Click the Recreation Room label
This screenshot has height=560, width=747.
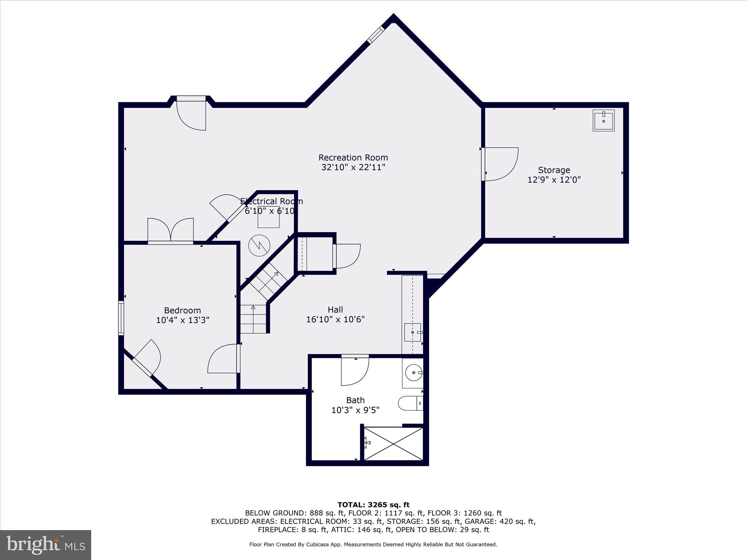coord(353,157)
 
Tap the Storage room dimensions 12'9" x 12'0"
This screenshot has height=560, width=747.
coord(554,180)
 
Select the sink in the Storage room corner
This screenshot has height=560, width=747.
coord(603,120)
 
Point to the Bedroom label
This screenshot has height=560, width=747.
coord(182,310)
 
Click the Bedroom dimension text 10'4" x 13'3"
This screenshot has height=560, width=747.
coord(182,320)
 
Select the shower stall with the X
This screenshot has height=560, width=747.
coord(394,444)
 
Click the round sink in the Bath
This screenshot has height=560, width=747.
coord(413,373)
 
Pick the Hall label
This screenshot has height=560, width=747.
coord(335,310)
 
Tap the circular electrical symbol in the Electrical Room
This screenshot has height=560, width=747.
coord(259,245)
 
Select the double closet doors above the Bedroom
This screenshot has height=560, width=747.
coord(170,230)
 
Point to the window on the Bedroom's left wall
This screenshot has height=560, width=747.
coord(121,318)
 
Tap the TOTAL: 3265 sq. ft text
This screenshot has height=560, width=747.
coord(373,505)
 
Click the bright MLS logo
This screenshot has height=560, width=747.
coord(46,545)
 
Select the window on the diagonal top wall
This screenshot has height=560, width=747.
coord(376,35)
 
